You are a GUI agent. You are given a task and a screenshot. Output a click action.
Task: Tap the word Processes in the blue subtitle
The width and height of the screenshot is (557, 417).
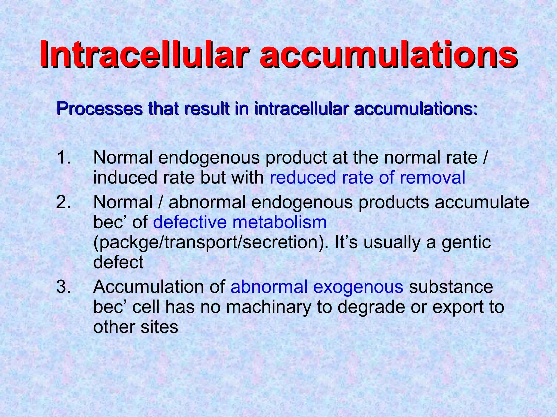99,109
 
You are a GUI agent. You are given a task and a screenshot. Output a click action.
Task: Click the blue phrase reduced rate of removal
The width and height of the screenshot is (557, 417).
367,178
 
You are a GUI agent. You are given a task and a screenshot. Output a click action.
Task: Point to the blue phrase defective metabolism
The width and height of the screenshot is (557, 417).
240,222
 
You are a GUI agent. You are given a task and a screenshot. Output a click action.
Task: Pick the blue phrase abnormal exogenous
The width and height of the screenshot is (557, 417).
317,287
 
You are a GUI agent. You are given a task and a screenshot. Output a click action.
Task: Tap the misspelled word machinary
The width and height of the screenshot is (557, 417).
268,307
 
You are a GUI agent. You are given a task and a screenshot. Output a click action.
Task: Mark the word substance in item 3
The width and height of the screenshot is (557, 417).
451,287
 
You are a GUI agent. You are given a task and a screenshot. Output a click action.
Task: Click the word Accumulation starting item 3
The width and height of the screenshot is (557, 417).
159,287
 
